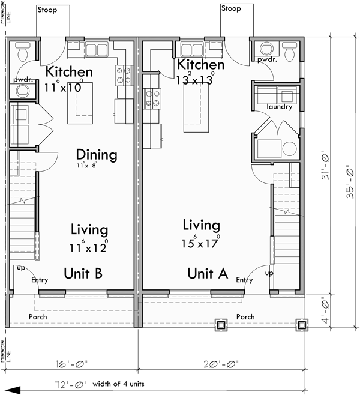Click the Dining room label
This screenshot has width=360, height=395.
[96, 155]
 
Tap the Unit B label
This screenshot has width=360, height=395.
[83, 274]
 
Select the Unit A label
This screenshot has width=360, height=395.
[207, 274]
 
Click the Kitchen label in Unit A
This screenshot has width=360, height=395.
[201, 65]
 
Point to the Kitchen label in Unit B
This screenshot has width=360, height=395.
[69, 73]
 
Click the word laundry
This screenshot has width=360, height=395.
[280, 107]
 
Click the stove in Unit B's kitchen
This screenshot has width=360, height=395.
[124, 74]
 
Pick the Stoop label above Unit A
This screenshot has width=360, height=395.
[231, 9]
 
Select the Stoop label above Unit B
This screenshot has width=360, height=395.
[46, 10]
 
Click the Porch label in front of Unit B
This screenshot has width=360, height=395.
[37, 317]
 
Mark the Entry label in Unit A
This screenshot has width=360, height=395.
[244, 280]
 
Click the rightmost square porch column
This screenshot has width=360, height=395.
[300, 325]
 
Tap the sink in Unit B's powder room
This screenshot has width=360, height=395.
[23, 91]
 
